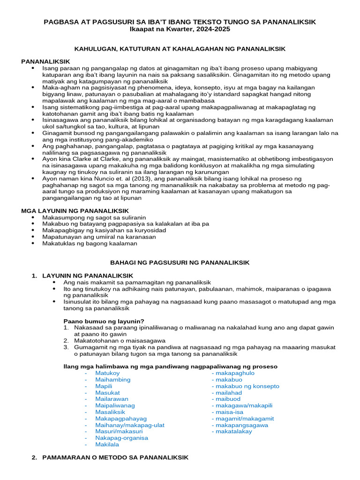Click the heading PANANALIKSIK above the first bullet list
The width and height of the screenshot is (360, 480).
coord(45,61)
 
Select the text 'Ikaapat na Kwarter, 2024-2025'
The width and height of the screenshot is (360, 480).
coord(180,29)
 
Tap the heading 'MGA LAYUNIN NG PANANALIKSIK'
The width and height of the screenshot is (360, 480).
coord(75,211)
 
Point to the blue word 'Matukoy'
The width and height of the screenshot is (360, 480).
coord(107,373)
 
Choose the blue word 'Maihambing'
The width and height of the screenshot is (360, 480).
coord(112,380)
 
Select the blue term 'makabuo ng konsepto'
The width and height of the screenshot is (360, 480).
coord(245,386)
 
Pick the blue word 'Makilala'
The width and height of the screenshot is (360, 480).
coord(107,444)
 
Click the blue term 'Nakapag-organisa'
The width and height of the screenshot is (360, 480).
coord(121,438)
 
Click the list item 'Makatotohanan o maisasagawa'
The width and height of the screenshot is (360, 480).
coord(119,340)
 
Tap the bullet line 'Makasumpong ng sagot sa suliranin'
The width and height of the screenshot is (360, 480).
coord(94,217)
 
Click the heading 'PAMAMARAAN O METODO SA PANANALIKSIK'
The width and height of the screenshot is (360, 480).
coord(115,457)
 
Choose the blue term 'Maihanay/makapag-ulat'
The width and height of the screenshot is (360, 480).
coord(130,425)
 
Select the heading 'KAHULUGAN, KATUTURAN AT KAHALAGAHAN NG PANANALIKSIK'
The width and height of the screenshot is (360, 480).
coord(180,49)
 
